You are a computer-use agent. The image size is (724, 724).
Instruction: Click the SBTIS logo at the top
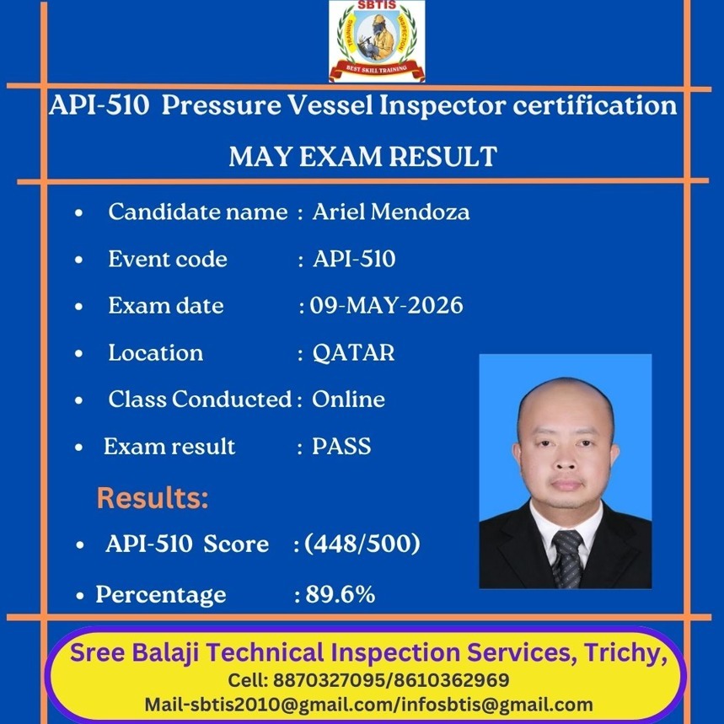pos(377,41)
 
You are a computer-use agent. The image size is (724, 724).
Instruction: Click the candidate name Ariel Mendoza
pos(391,212)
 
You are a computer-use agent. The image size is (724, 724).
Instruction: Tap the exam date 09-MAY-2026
pos(386,305)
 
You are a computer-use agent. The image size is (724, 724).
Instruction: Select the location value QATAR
pos(354,353)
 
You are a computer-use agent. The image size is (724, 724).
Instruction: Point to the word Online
pos(349,399)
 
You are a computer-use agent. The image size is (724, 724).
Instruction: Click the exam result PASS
pos(341,446)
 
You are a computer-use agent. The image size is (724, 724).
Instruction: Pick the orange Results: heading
pos(153,498)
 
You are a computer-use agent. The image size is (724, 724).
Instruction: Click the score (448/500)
pos(362,544)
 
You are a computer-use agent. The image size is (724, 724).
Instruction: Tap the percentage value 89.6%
pos(341,594)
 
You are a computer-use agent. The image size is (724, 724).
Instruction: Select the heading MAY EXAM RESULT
pos(363,156)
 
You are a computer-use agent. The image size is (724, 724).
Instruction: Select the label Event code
pos(168,259)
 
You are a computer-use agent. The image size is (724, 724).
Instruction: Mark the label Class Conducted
pos(200,399)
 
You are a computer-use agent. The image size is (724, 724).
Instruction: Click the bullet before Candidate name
pos(79,213)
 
